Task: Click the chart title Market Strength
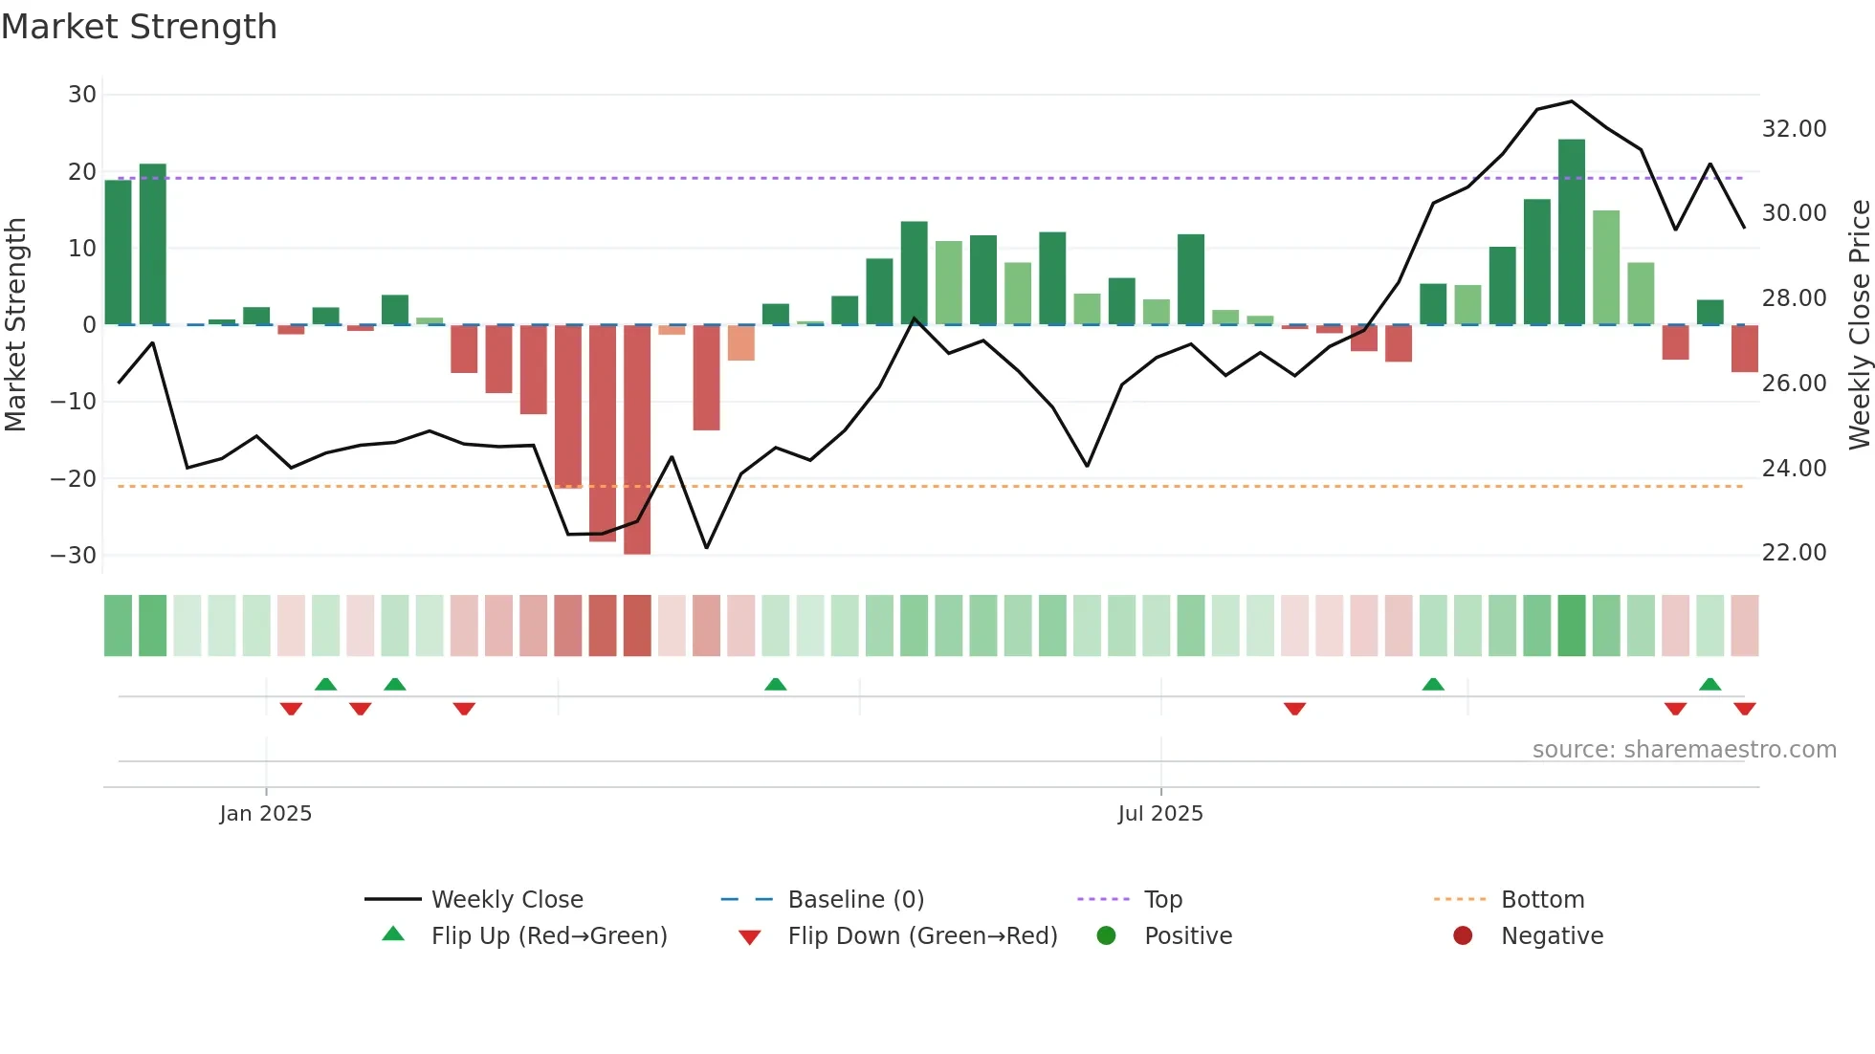tap(139, 27)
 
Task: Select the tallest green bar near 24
tap(1571, 231)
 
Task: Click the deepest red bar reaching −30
tap(637, 439)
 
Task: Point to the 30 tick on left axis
tap(82, 95)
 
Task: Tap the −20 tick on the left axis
tap(75, 478)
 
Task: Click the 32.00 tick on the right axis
tap(1794, 129)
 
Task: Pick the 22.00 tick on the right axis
tap(1794, 553)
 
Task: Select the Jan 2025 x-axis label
tap(265, 814)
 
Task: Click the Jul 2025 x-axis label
tap(1159, 814)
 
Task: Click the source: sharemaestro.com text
tap(1684, 750)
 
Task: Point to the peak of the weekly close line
tap(1571, 101)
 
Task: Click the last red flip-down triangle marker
tap(1744, 709)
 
